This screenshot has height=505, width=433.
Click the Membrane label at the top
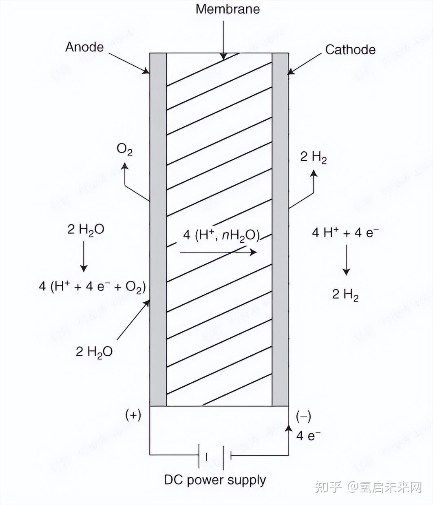point(228,9)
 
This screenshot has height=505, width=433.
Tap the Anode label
point(84,47)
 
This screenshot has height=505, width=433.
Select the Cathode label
point(350,50)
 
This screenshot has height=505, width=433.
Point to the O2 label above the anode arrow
point(125,150)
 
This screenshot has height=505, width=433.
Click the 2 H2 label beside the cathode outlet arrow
point(313,157)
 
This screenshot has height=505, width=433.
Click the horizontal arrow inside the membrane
point(218,253)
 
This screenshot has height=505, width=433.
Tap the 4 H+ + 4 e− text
point(345,233)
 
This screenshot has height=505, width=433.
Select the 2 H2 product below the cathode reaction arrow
point(345,294)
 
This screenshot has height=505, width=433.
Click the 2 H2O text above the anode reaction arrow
point(86,230)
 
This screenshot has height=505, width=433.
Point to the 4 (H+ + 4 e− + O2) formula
point(92,287)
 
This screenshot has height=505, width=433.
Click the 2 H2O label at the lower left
point(94,351)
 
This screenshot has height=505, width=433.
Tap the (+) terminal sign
point(133,415)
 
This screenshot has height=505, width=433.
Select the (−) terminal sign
point(303,416)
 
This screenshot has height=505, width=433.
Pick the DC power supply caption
point(215,480)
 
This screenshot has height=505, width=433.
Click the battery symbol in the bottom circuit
point(215,455)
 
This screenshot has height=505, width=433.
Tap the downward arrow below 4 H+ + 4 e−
point(346,260)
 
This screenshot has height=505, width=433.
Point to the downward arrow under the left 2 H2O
point(84,257)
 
